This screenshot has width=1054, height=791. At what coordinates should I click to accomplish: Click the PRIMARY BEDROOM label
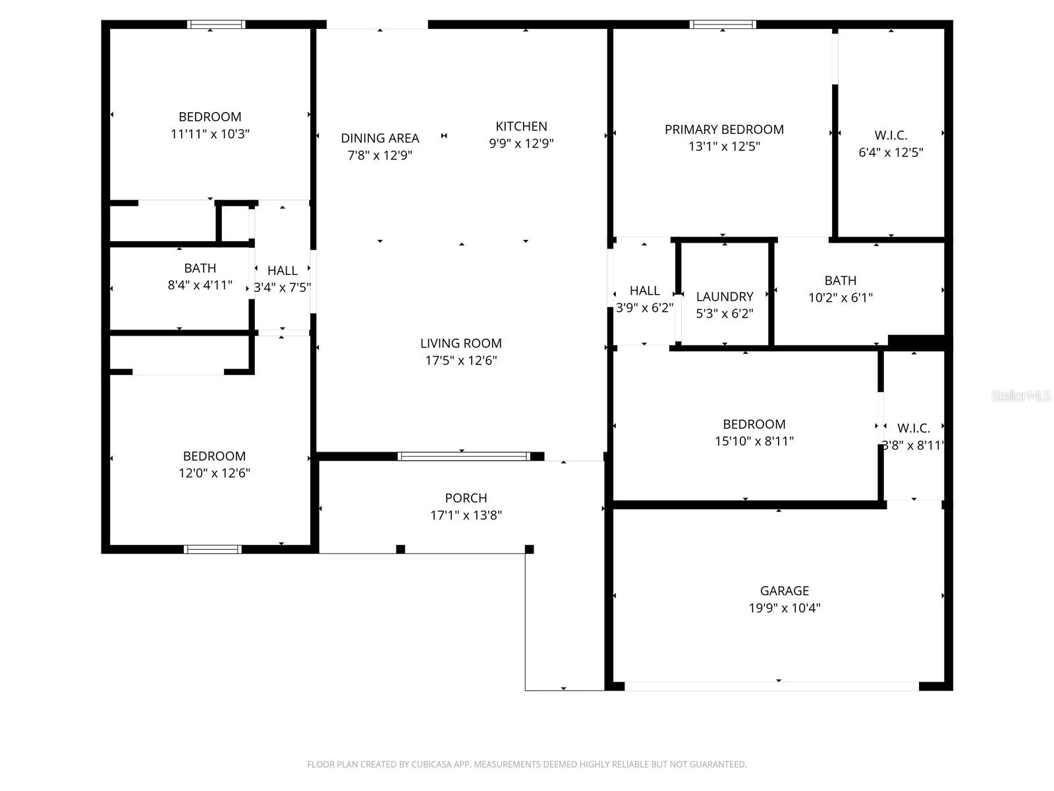coord(724,129)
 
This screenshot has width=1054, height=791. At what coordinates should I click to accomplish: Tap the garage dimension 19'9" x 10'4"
coord(784,608)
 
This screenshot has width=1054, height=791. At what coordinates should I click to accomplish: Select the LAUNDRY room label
coord(725,297)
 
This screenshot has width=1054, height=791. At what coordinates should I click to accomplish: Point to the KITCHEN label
coord(521,126)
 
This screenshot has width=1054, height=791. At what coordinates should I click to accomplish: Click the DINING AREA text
coord(380,138)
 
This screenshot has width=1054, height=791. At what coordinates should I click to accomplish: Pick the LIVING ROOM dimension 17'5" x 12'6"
coord(460,360)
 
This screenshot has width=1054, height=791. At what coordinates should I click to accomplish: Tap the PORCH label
coord(466,498)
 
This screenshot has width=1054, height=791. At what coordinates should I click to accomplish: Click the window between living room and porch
coord(464,456)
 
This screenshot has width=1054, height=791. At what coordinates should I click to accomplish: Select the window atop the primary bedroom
coord(723,24)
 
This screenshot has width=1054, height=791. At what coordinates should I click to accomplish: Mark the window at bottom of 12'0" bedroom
coord(213,549)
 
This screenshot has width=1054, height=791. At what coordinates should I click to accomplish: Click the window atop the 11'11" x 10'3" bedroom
coord(216,24)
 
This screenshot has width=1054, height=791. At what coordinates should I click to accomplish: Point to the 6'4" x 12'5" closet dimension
coord(891,152)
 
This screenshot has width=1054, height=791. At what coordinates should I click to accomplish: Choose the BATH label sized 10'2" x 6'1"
coord(841,280)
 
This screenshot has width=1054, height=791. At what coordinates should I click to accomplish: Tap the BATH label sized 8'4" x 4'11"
coord(200,268)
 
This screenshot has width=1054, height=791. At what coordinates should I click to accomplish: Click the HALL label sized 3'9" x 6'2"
coord(644,291)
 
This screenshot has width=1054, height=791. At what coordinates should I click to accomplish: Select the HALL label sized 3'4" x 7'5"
coord(282,270)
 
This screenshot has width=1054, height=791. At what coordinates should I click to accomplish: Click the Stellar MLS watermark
coord(1021,395)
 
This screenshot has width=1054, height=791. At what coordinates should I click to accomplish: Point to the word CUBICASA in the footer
coord(431,765)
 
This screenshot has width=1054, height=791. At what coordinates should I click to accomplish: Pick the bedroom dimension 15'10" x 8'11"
coord(754,441)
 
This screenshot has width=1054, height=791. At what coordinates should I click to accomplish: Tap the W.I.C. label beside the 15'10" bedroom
coord(914,428)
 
